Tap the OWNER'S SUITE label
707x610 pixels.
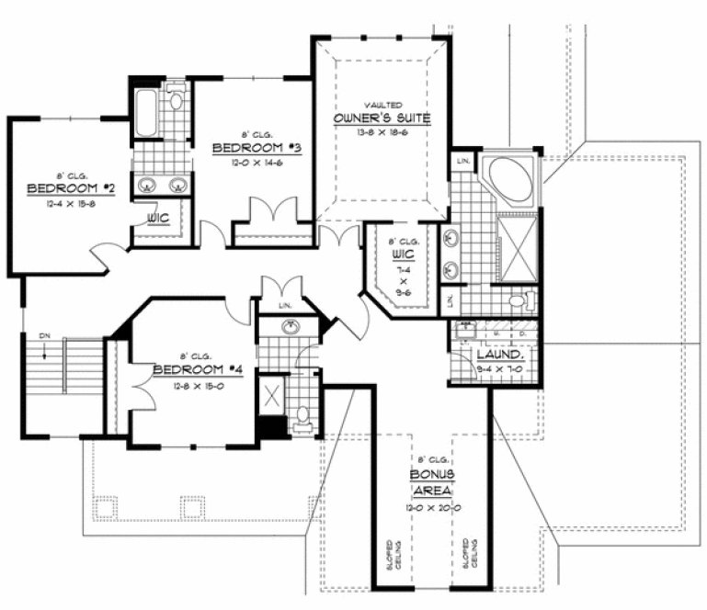[382, 119]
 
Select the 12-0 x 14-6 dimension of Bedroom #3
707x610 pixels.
[253, 161]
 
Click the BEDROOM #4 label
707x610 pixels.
[185, 370]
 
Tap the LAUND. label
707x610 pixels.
[499, 355]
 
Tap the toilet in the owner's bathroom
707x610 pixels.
[519, 299]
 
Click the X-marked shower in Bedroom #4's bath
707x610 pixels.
[273, 396]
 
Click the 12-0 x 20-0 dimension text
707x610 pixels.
[431, 507]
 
